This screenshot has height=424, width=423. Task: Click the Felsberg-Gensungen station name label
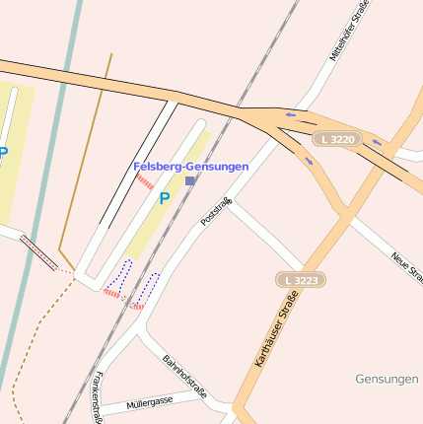coord(190,167)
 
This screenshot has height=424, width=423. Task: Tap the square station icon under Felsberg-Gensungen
coord(190,181)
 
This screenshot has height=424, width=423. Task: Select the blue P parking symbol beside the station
coord(165,198)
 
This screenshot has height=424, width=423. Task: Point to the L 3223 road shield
coord(299,281)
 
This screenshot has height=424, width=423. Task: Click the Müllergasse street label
coord(150,402)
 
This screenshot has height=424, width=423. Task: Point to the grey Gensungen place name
coord(386,379)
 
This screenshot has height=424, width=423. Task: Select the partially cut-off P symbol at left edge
coord(4,154)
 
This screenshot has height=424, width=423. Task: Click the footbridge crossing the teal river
coord(39,252)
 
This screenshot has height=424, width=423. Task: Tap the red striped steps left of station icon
coord(145,181)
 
